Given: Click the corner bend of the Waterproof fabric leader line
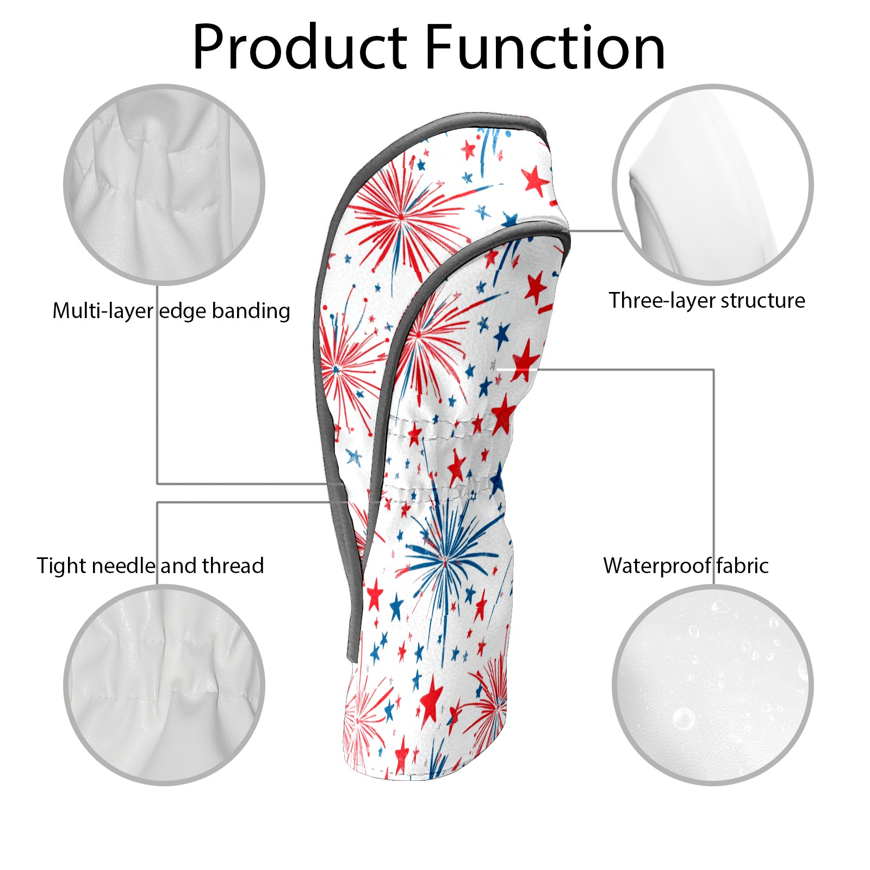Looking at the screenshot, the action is coord(713,370).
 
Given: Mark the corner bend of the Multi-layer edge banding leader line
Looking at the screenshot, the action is coord(158,483).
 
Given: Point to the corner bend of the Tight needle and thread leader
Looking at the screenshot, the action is coord(158,502).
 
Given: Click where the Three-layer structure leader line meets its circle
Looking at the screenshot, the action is coord(623,231).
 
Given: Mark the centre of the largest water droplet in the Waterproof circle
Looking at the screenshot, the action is coord(683,719).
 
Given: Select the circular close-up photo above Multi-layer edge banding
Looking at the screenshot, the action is coord(164,184).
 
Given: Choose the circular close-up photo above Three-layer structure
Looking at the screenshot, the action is coord(712,184).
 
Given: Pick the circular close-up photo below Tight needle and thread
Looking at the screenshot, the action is coord(164,685).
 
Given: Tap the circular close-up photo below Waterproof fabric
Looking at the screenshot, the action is coord(712,685).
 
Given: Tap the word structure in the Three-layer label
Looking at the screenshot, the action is coord(763,301).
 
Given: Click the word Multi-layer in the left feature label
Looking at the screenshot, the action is coord(103,312).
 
